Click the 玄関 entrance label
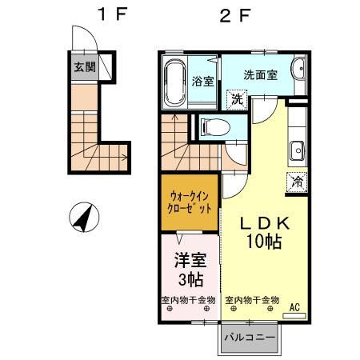[84, 67]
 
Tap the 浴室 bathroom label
[203, 81]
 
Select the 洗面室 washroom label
[260, 74]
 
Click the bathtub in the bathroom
[174, 81]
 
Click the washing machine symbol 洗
[237, 99]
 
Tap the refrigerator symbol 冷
[296, 182]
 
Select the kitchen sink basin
[296, 150]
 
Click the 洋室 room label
[188, 260]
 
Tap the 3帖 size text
[190, 279]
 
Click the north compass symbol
[83, 215]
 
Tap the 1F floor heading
[109, 14]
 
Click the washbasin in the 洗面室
[298, 71]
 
